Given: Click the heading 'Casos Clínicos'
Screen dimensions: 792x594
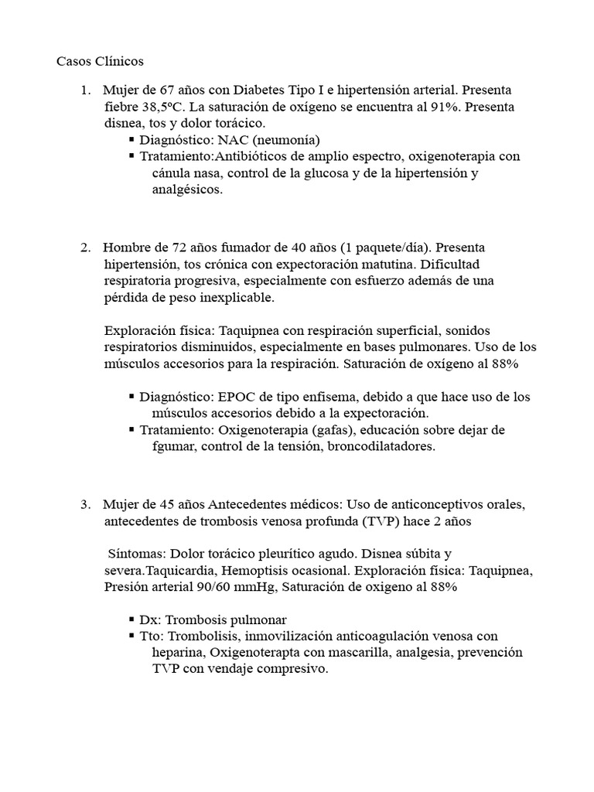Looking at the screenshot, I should coord(100,61).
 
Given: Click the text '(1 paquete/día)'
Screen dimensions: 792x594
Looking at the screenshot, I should coord(386,247).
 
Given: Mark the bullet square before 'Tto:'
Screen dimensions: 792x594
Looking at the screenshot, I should coord(131,637).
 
